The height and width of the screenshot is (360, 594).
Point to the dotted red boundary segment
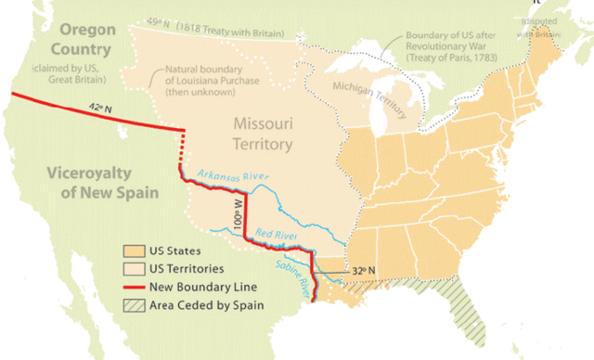(181, 148)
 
